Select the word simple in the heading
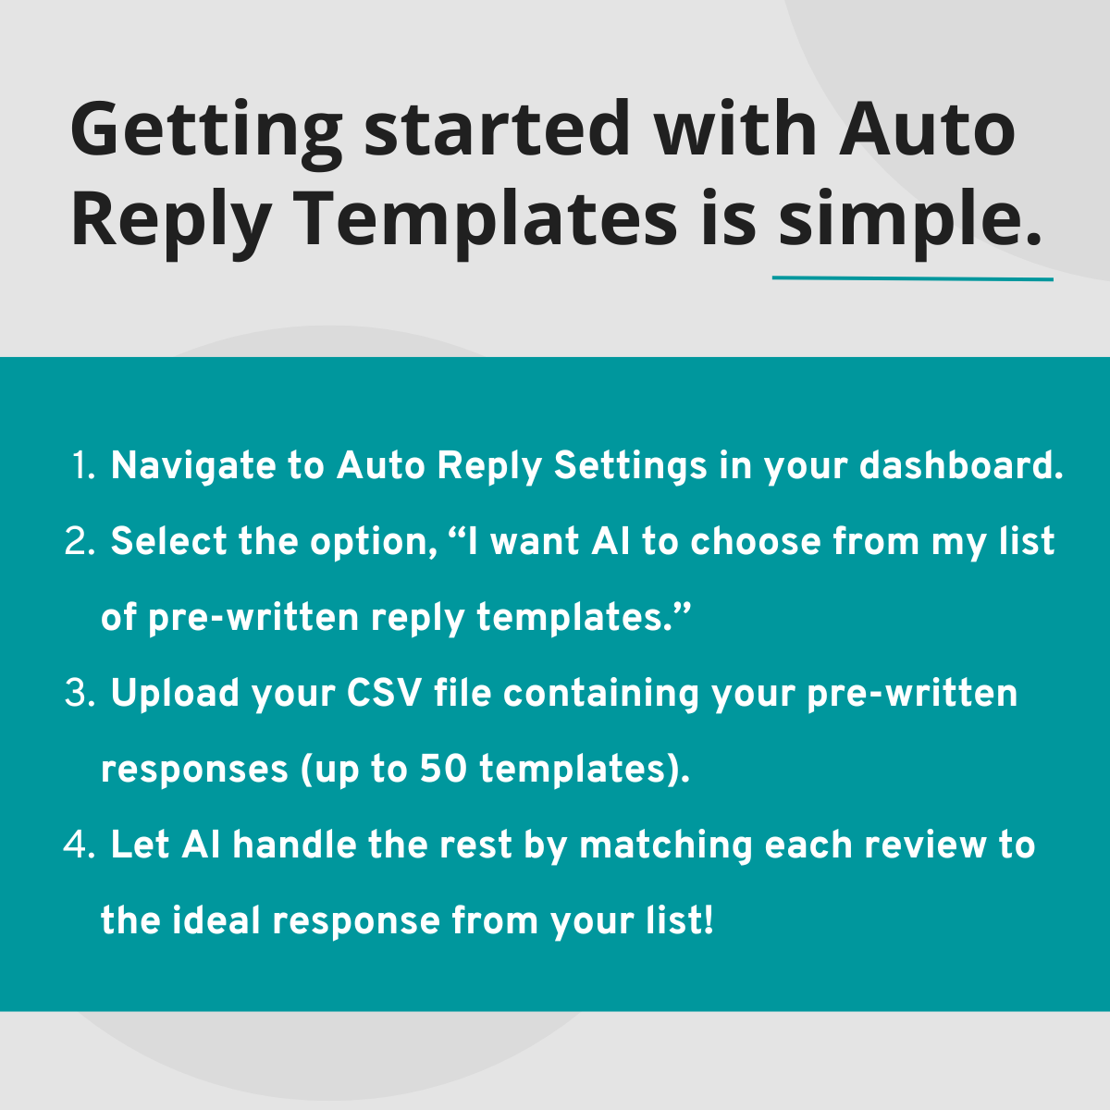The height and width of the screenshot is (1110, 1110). (x=901, y=224)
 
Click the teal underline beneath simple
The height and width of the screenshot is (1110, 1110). (x=912, y=277)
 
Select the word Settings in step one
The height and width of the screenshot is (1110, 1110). (x=630, y=467)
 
